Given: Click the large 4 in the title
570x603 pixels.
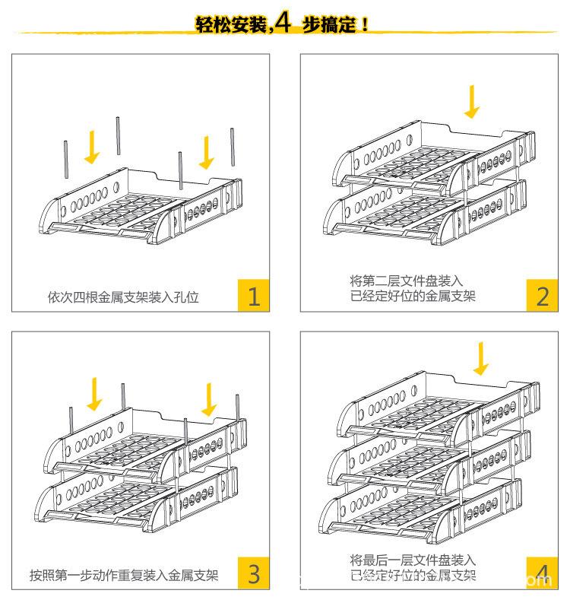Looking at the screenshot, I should click(283, 24).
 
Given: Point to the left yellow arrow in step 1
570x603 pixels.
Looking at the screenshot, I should click(93, 146).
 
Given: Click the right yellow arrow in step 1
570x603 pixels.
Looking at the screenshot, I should click(206, 151).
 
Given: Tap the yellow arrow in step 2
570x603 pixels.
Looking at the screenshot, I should click(473, 103).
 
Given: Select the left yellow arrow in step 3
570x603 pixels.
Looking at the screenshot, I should click(95, 392).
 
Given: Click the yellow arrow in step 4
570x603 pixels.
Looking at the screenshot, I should click(480, 358).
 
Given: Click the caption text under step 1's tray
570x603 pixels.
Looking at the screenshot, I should click(123, 297).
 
